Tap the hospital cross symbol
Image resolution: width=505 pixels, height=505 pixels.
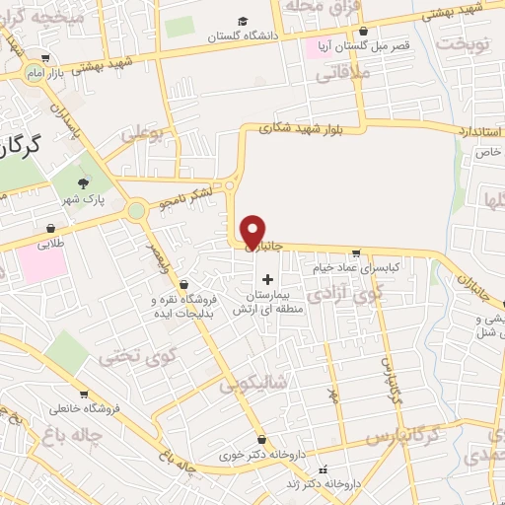(267, 279)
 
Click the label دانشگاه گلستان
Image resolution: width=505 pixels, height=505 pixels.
(243, 36)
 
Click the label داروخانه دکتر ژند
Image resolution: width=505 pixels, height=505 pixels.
(349, 483)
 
